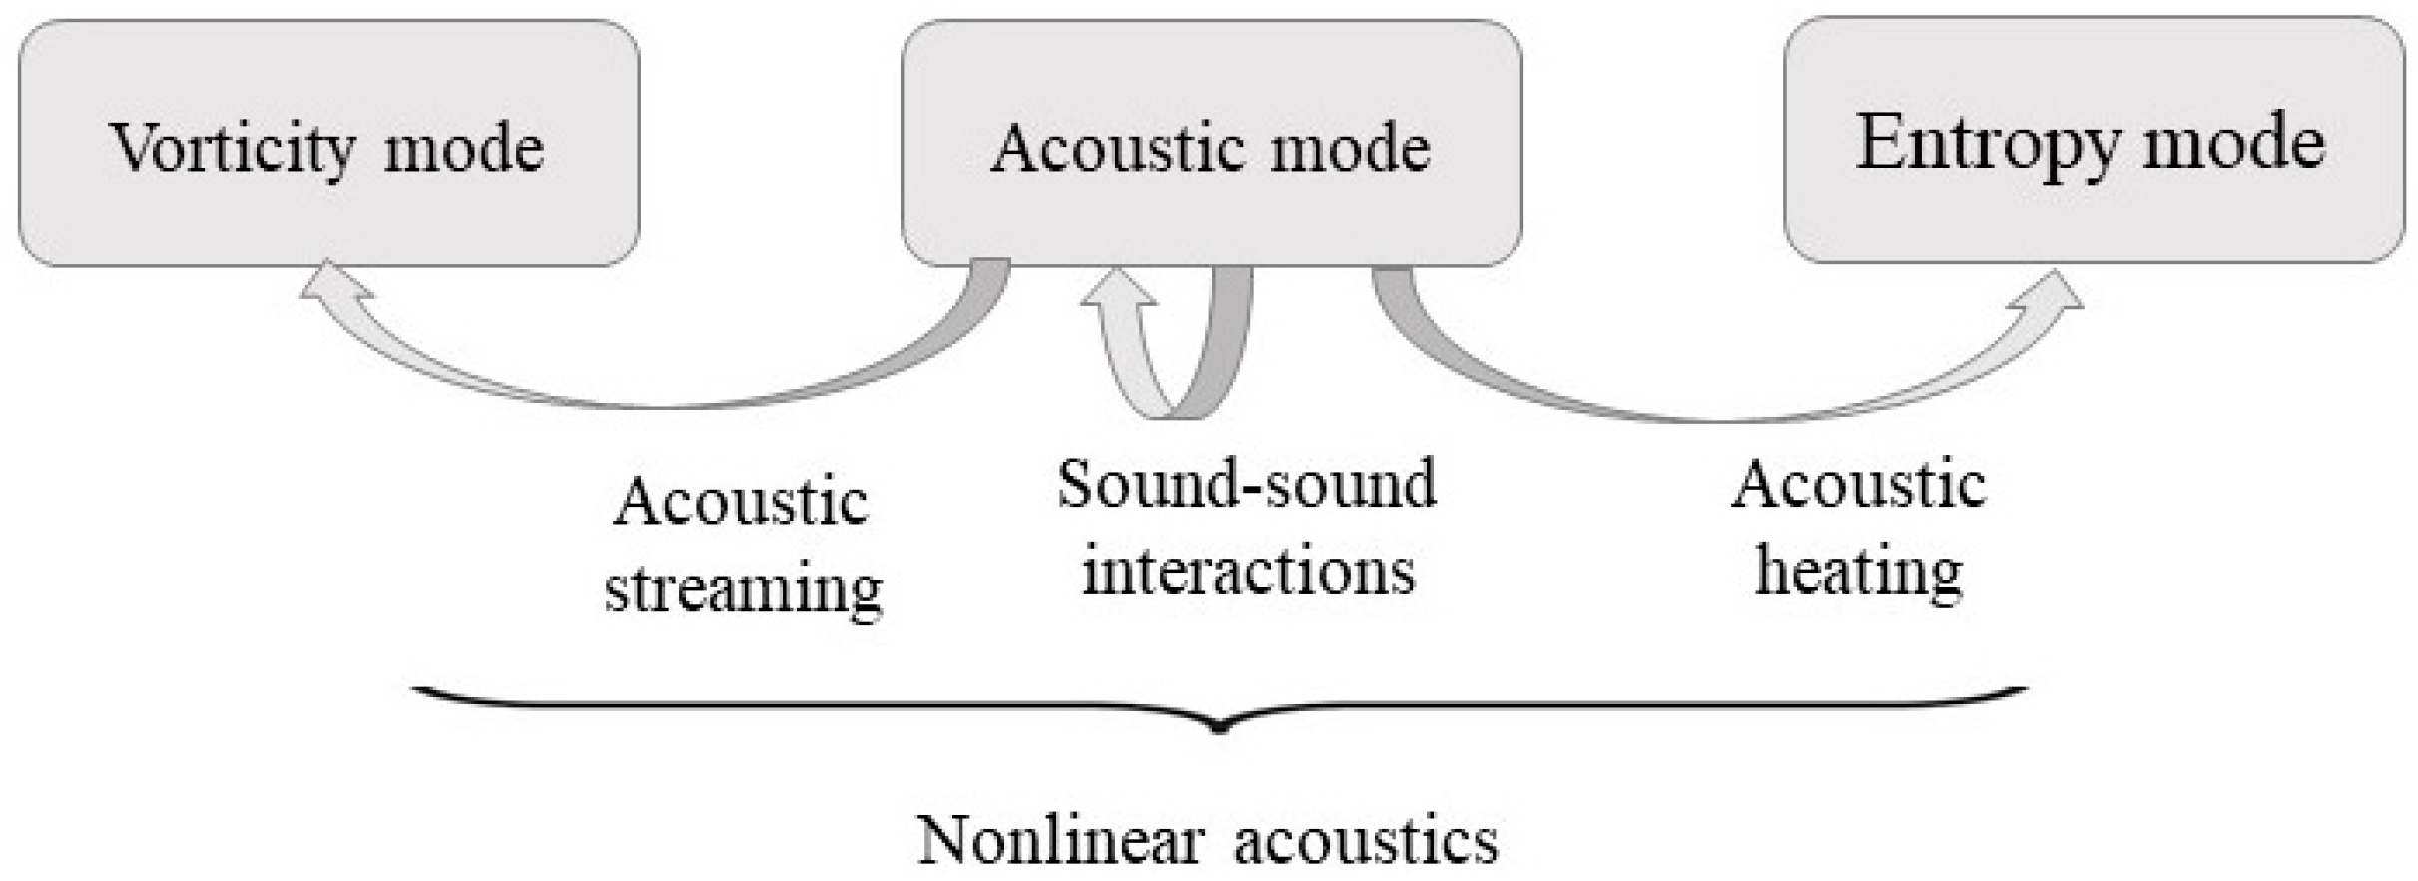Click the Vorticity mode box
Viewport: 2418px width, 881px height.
pyautogui.click(x=328, y=145)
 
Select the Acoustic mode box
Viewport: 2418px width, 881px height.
pyautogui.click(x=1211, y=145)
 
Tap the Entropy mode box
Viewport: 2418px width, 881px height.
pyautogui.click(x=2094, y=141)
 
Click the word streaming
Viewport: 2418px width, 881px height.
pyautogui.click(x=744, y=589)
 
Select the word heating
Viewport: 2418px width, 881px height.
pyautogui.click(x=1859, y=573)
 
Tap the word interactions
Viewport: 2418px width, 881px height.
pyautogui.click(x=1248, y=571)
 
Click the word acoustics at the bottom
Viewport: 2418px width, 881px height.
pyautogui.click(x=1366, y=840)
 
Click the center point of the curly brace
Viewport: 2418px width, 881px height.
pyautogui.click(x=1217, y=726)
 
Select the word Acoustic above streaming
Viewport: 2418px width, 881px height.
pyautogui.click(x=740, y=501)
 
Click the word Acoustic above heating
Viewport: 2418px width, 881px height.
pyautogui.click(x=1858, y=486)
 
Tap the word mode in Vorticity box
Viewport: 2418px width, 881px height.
pyautogui.click(x=464, y=150)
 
